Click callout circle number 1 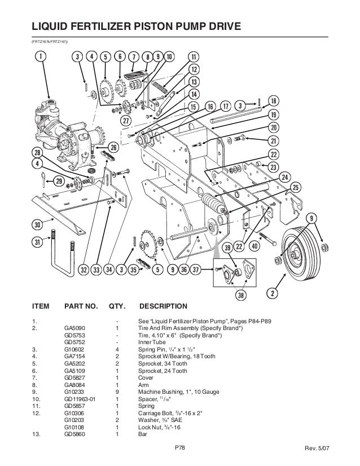(x=39, y=56)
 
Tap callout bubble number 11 (x=194, y=57)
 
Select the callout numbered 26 (x=113, y=148)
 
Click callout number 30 (x=38, y=225)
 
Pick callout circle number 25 (x=296, y=187)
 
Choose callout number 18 (x=274, y=100)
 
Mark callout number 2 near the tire (x=273, y=293)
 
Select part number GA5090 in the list (x=74, y=327)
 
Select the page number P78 (x=179, y=449)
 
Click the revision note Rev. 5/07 (x=336, y=449)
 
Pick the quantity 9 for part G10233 (x=116, y=392)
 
